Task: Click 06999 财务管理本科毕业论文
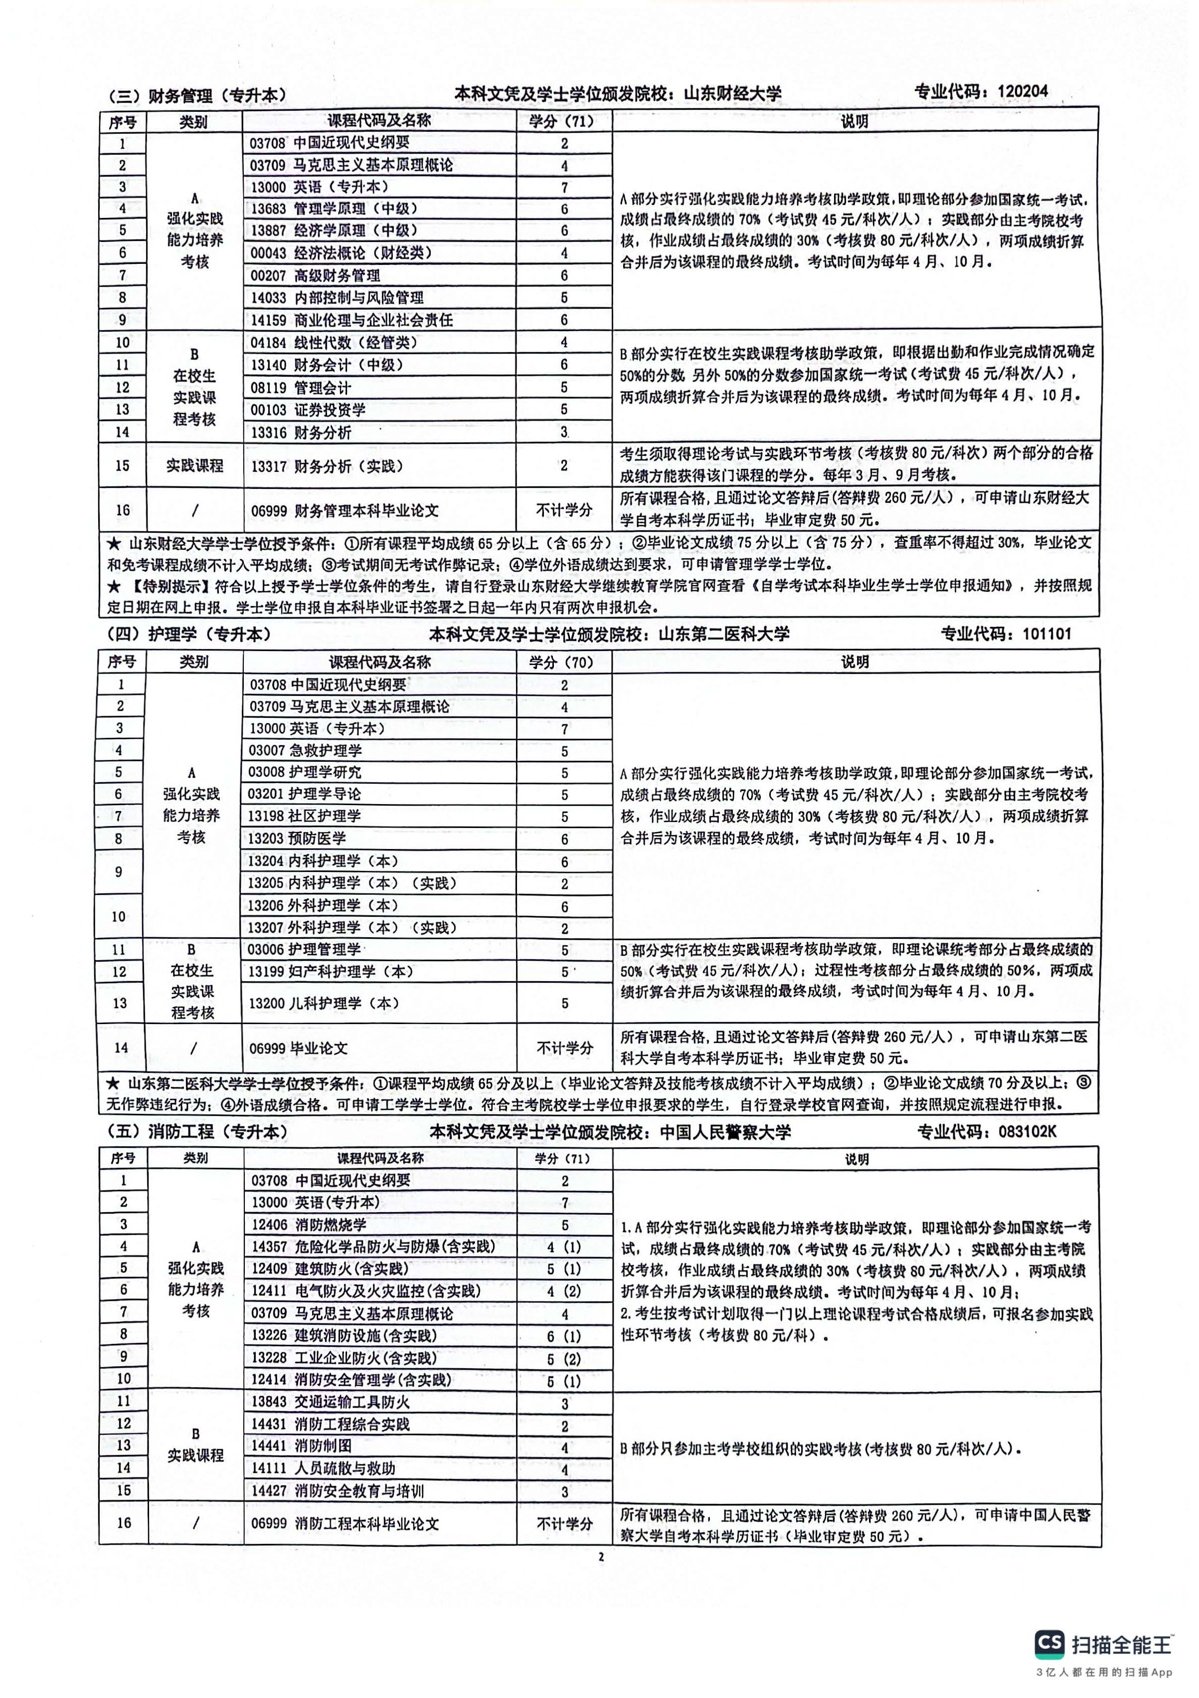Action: click(x=344, y=510)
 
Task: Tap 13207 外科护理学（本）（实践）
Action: click(x=352, y=927)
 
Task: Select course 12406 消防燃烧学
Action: click(x=309, y=1225)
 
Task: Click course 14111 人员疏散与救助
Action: click(x=323, y=1469)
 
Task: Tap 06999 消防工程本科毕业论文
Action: click(x=345, y=1523)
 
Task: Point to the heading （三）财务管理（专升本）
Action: click(x=196, y=96)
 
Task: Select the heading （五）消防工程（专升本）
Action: click(x=196, y=1131)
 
